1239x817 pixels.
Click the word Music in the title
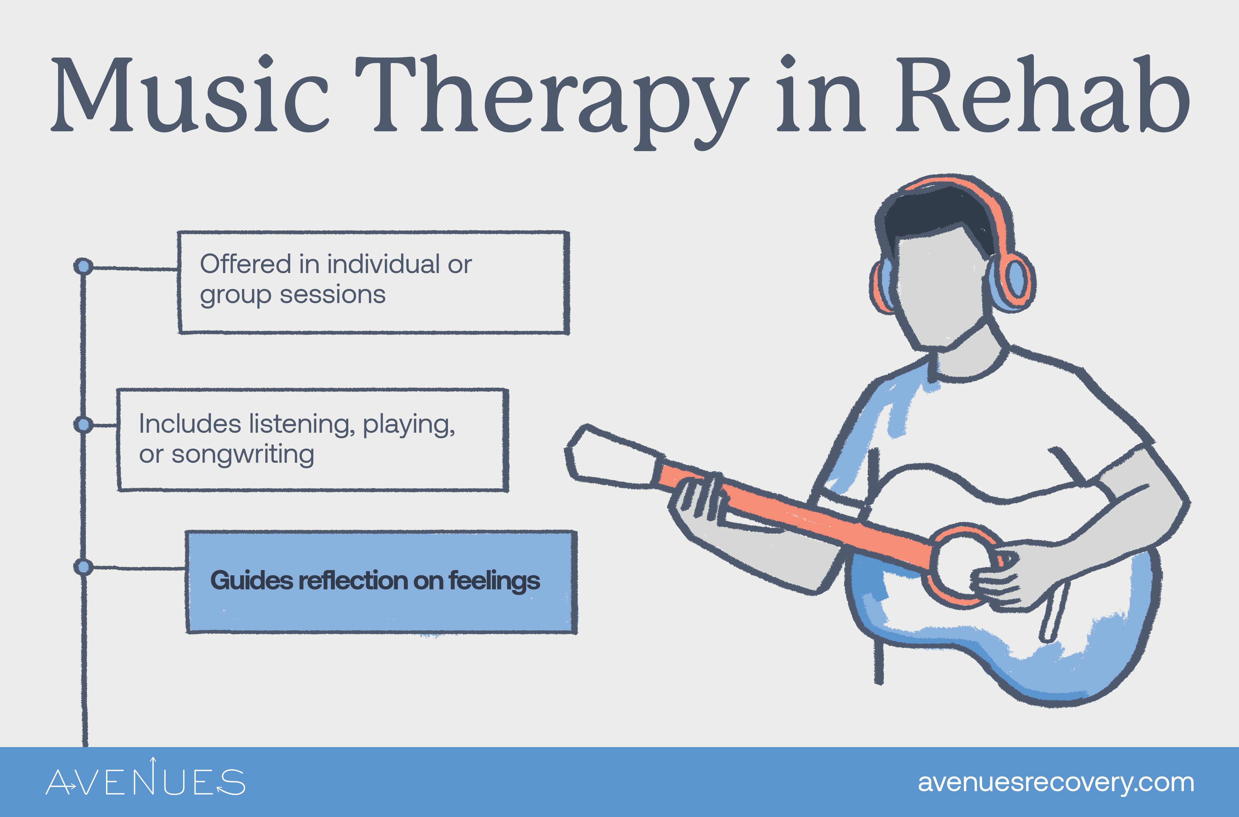point(190,96)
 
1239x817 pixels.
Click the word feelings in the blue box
point(494,581)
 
